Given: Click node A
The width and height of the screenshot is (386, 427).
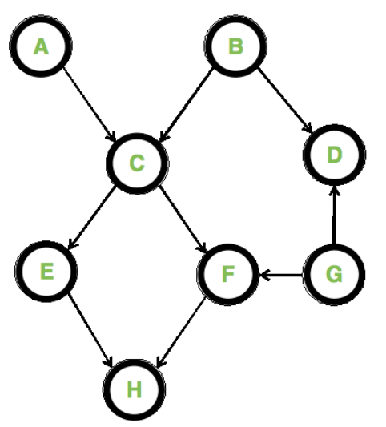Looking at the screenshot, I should [x=41, y=47].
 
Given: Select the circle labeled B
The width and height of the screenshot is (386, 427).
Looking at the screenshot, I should [x=235, y=46].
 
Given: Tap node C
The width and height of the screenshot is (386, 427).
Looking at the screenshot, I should [x=136, y=163].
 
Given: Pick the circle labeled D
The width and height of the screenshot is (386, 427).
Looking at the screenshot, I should [x=333, y=154].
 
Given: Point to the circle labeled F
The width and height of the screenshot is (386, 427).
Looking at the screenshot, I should [x=227, y=275].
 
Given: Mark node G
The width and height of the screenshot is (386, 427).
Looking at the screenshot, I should [x=334, y=275].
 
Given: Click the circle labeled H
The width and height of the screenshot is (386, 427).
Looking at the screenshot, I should [x=134, y=389].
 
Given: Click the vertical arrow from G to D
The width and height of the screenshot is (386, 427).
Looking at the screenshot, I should [x=334, y=214].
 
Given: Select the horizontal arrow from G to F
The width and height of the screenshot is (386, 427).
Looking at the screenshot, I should [x=281, y=275].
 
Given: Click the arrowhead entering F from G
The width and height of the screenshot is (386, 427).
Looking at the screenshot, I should [x=263, y=275].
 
